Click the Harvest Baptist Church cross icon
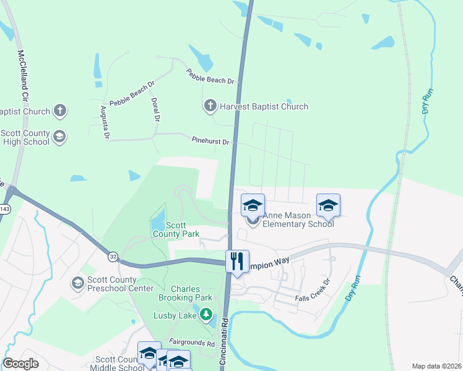pos(210,106)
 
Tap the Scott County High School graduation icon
pos(59,137)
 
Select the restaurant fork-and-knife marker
pos(237,261)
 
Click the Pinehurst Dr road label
pos(210,142)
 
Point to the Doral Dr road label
pos(156,109)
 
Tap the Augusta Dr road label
pos(105,121)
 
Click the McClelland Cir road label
pos(24,77)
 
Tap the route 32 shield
pos(113,255)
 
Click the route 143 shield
pos(4,210)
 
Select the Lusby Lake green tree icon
pos(206,315)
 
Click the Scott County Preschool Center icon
pos(77,283)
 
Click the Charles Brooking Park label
pos(186,293)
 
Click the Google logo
pos(20,364)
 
